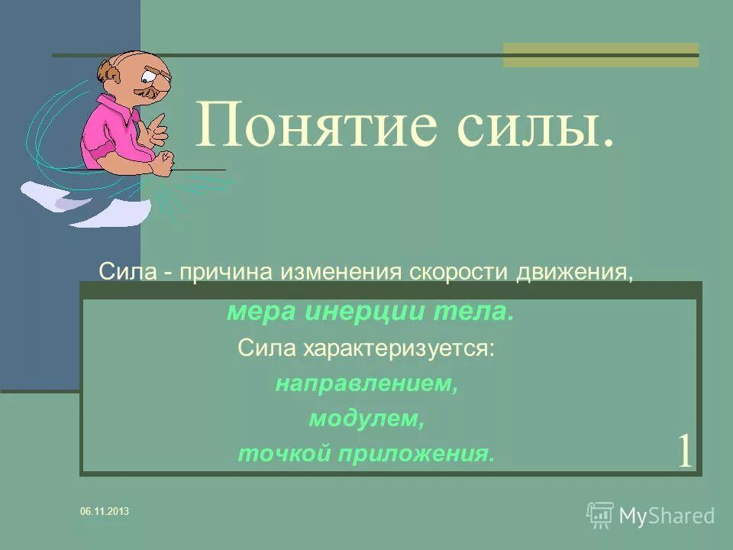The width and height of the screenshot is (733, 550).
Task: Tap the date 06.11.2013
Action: [x=105, y=511]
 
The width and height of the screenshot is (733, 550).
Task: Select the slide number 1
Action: [x=684, y=451]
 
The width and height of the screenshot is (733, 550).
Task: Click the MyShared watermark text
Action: [x=666, y=516]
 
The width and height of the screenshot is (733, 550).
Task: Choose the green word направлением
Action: [x=366, y=383]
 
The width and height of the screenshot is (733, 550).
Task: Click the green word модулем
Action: [x=366, y=419]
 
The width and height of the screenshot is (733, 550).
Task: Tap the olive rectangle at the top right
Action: [x=600, y=54]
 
